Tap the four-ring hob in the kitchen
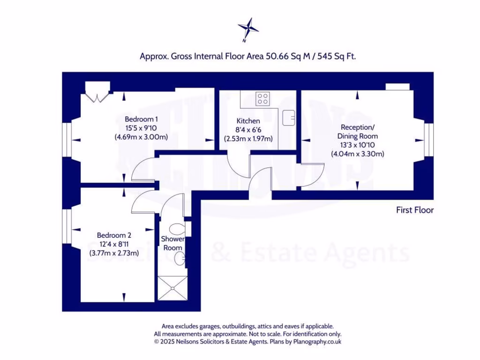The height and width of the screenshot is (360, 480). (262, 98)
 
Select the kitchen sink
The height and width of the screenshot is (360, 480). (289, 114)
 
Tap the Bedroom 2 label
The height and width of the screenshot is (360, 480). (114, 235)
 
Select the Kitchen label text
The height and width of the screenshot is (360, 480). (248, 120)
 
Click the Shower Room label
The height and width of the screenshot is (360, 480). (172, 243)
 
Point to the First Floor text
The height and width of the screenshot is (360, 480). (415, 210)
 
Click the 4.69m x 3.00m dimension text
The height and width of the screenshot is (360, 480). (141, 137)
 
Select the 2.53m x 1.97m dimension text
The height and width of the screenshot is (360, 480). (248, 139)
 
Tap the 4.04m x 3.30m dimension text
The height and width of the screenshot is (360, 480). (358, 154)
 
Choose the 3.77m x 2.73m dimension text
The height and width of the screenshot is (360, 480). (114, 253)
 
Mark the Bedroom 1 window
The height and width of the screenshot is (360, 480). (67, 139)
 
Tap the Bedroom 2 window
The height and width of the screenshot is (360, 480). (67, 226)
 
